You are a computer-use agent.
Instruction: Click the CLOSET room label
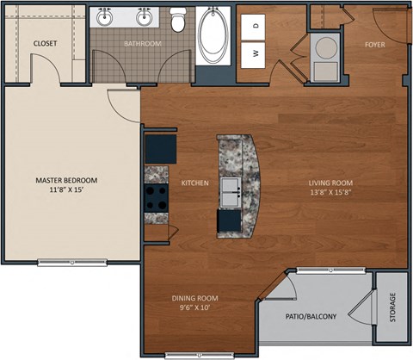45,42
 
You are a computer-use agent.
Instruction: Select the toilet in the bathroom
178,18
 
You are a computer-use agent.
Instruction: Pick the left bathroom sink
106,17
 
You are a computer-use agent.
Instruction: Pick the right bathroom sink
144,17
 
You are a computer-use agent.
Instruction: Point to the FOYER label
374,43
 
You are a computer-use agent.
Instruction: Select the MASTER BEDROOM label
66,180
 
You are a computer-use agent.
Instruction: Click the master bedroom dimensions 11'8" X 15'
66,191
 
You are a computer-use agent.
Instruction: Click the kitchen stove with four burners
156,199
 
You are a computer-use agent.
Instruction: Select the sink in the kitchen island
230,189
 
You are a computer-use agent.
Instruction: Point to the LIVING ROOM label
331,182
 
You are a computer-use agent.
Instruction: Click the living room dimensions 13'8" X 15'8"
331,193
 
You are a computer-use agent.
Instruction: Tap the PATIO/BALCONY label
311,315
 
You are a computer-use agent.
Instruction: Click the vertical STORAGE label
393,307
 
